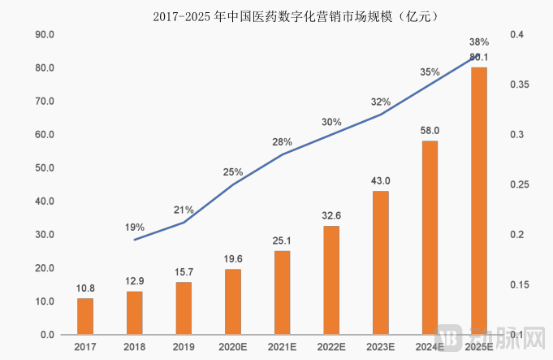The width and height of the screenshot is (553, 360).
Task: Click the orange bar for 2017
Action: (x=85, y=316)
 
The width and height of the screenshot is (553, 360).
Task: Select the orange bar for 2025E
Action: (x=479, y=200)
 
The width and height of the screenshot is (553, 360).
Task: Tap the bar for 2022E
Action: (x=331, y=280)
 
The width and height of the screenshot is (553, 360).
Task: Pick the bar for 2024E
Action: (x=430, y=237)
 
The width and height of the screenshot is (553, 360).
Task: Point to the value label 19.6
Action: (x=233, y=258)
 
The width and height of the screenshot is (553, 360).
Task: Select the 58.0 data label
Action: (x=430, y=130)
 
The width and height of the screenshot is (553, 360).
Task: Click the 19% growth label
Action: (x=135, y=228)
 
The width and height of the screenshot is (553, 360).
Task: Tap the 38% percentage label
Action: (x=479, y=42)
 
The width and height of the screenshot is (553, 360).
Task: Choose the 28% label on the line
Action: (x=282, y=142)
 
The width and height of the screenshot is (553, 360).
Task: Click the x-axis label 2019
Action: (x=184, y=347)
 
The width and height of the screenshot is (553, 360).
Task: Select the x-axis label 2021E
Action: (x=282, y=347)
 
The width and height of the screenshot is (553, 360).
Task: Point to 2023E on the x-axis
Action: (x=381, y=347)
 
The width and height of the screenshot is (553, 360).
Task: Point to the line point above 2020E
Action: (x=233, y=184)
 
